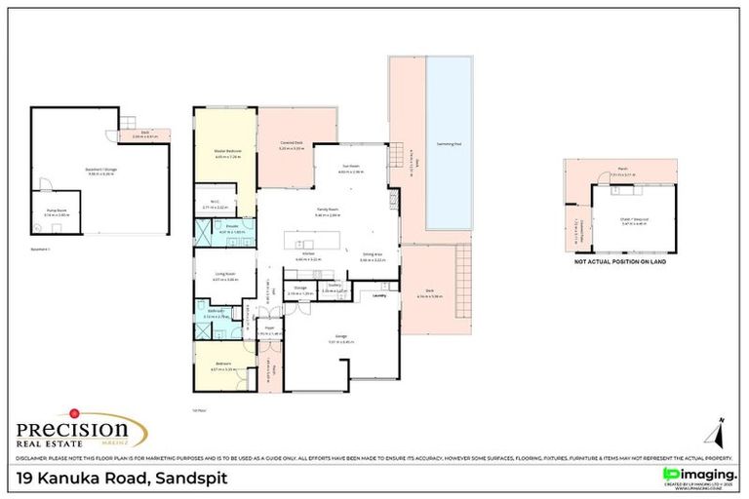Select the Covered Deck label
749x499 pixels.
tap(291, 143)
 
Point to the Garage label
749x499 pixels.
tap(341, 336)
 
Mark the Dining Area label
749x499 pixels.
tap(372, 253)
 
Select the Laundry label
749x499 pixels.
tap(379, 295)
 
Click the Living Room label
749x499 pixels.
tap(226, 275)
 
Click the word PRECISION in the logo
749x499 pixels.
tap(72, 429)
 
